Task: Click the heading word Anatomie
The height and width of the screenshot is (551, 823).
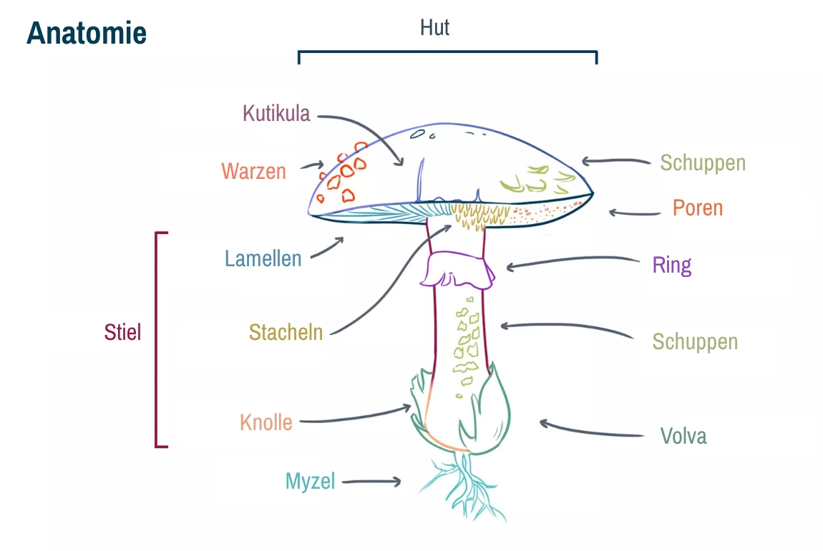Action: tap(87, 33)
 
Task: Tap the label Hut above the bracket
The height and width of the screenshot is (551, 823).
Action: tap(434, 28)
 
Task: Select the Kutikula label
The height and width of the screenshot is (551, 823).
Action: tap(276, 113)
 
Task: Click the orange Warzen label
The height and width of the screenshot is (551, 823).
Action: tap(253, 172)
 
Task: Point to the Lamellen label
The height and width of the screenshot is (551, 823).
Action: tap(263, 258)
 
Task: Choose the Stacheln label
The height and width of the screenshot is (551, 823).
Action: tap(286, 332)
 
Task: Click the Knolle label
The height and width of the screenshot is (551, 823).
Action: tap(266, 422)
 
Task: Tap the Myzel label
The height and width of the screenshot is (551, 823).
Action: tap(310, 481)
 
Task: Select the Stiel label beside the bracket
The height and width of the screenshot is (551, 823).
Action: tap(122, 332)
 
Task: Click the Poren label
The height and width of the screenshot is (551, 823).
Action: tap(697, 208)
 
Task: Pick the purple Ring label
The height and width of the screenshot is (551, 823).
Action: tap(671, 265)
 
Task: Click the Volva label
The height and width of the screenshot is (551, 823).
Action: tap(683, 436)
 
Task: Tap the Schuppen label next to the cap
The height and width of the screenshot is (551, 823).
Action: tap(702, 163)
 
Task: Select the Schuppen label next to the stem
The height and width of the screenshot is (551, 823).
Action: tap(694, 341)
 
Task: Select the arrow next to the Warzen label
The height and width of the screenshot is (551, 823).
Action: tap(313, 165)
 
